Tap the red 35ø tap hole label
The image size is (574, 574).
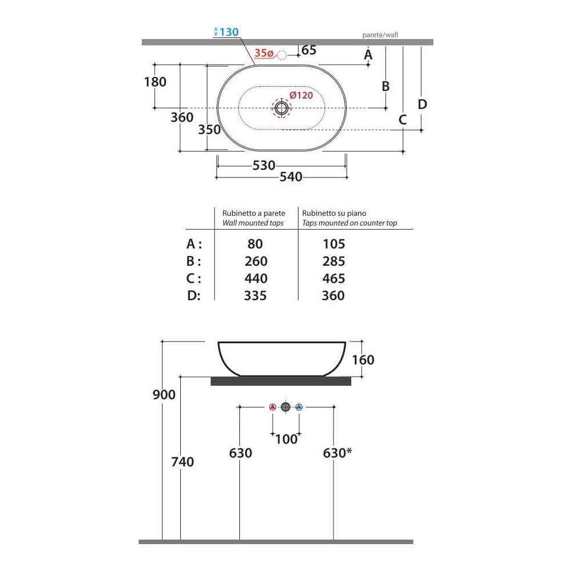click(264, 53)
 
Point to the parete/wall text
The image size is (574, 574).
click(380, 35)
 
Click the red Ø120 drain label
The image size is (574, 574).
click(301, 95)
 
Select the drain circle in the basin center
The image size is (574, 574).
click(281, 108)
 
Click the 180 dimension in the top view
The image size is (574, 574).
click(155, 82)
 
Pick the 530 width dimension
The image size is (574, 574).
click(263, 165)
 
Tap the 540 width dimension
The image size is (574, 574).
click(291, 177)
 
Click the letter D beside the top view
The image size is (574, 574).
click(422, 104)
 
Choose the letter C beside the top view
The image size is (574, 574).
click(402, 120)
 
